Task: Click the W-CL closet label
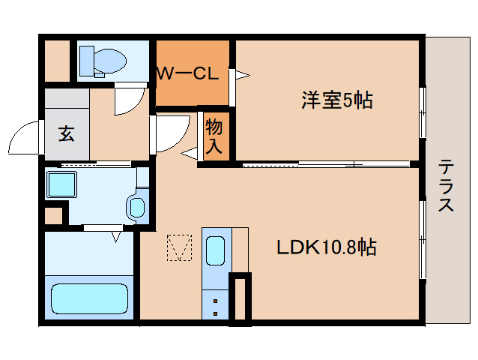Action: [187, 73]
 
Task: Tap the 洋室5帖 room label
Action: [337, 100]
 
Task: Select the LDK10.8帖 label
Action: [327, 247]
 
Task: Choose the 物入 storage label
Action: [214, 136]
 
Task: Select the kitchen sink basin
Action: [215, 250]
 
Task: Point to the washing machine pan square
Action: [61, 184]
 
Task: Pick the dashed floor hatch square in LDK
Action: [179, 248]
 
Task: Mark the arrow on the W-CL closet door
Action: [242, 74]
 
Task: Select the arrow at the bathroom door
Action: [116, 237]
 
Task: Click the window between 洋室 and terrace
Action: [423, 112]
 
